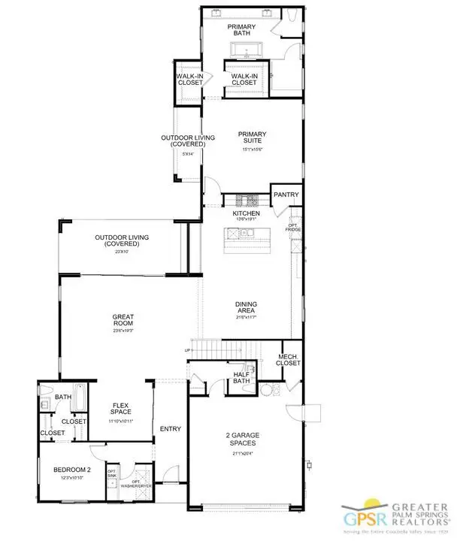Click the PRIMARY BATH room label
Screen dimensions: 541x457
[x=242, y=31]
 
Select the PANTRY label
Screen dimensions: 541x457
[x=286, y=195]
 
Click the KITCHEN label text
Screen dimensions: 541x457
[x=246, y=214]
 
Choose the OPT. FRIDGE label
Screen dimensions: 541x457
[x=294, y=227]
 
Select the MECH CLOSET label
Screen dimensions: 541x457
[x=289, y=360]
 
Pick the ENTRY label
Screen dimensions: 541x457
[x=171, y=429]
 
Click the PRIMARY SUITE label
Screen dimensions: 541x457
[x=252, y=139]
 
